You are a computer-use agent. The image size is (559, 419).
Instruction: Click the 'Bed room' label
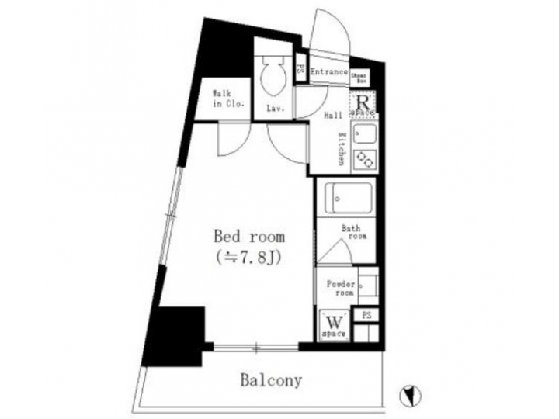coord(248,236)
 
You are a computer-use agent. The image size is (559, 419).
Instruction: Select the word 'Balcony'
coord(270,381)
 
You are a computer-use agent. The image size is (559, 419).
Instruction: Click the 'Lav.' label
coord(275,109)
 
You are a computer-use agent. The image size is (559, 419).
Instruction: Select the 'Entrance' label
coord(328,72)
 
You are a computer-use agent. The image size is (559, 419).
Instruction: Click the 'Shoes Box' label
coord(359,78)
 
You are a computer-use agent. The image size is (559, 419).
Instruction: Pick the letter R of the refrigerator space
coord(363,100)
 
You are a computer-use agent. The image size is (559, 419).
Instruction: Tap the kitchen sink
coord(364,135)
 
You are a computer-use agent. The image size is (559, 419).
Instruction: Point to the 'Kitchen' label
coord(341,149)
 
